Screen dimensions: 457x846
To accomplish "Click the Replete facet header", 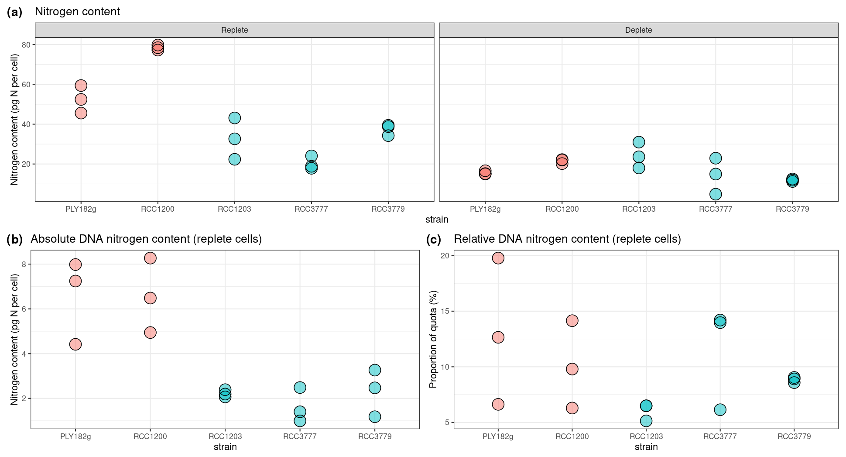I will coord(234,30).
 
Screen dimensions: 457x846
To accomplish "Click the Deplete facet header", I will coord(638,30).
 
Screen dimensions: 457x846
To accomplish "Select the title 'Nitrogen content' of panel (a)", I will coord(77,12).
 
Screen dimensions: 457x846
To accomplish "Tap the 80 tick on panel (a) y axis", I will coord(26,45).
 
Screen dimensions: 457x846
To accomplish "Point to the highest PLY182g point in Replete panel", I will coord(81,86).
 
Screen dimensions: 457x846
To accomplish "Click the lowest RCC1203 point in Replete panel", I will coord(234,159).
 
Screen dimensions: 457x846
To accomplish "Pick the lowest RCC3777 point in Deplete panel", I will coord(716,194).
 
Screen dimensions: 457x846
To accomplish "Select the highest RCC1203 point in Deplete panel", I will coord(639,142).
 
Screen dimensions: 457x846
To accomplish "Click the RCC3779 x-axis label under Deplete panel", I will coord(792,209).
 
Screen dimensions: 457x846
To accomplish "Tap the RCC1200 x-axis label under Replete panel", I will coord(158,209).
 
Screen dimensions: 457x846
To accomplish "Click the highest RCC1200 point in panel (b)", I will coord(150,258).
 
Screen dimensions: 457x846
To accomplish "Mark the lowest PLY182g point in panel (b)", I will coord(75,344).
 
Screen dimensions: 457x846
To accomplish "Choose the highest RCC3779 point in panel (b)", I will coord(375,370).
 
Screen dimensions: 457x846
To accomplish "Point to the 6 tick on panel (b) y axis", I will coord(24,309).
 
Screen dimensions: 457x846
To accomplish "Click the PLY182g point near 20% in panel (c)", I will coord(498,258).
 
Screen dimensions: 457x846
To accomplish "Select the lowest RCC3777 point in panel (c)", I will coord(720,409).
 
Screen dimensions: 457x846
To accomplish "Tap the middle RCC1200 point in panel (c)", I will coord(572,369).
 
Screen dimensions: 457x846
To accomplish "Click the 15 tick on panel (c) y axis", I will coord(445,311).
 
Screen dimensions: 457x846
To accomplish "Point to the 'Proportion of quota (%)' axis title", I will coord(433,339).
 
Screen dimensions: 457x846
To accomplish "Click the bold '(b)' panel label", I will coord(14,239).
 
